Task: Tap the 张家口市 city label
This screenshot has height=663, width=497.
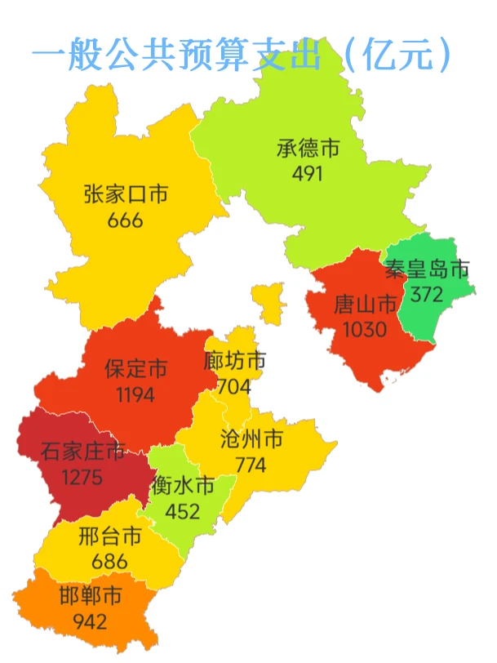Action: [x=126, y=194]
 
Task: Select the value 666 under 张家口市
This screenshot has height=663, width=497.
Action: [x=125, y=220]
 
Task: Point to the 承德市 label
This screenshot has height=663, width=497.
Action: [x=308, y=149]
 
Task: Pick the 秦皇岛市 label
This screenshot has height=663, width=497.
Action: [x=428, y=269]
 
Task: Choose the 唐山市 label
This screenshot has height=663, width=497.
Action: [x=366, y=305]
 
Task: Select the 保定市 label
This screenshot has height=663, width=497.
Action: [x=136, y=369]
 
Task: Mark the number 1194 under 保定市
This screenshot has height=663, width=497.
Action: [x=135, y=394]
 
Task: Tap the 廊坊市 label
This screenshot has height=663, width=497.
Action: [x=235, y=361]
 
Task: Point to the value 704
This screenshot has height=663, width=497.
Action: [x=234, y=385]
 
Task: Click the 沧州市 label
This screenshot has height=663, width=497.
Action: [x=251, y=439]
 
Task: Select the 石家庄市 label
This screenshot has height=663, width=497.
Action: [x=82, y=451]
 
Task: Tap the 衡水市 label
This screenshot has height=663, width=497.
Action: [x=183, y=487]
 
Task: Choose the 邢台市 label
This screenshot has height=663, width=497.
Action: [x=110, y=536]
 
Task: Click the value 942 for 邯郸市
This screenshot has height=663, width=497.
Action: [x=90, y=621]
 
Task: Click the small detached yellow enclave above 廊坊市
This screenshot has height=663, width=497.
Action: [x=267, y=302]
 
